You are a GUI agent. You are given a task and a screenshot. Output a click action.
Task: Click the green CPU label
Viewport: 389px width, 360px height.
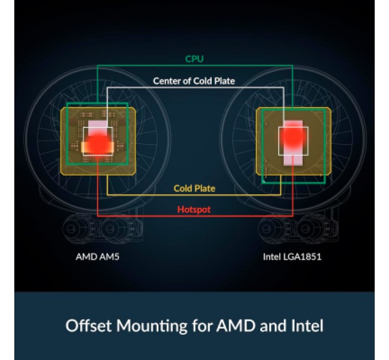194,59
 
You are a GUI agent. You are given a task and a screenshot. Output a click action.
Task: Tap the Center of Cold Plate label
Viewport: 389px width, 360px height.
194,81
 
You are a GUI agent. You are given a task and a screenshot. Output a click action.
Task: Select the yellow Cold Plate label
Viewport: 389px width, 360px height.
194,188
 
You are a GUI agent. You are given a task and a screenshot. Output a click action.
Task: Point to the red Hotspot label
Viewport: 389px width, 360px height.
194,210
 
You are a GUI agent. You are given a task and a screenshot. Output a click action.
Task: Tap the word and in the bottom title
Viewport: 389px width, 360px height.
271,326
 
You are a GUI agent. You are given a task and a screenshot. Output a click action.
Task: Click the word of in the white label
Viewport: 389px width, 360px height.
186,81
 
